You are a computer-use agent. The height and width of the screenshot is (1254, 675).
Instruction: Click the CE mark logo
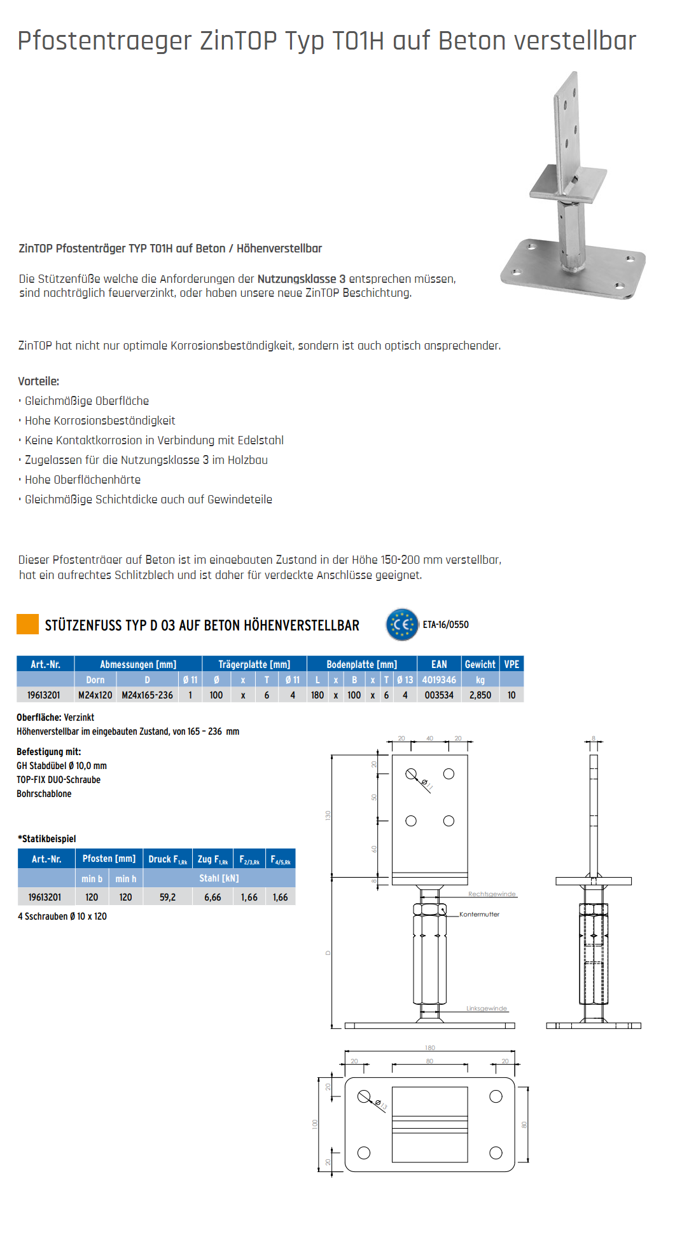(x=402, y=624)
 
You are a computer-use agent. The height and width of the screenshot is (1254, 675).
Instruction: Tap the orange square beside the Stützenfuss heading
(x=27, y=624)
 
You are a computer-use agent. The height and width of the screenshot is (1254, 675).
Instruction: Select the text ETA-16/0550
(x=445, y=625)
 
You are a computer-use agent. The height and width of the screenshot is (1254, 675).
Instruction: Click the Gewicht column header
(x=480, y=664)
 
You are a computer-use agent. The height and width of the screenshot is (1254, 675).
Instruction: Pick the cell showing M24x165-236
(x=147, y=695)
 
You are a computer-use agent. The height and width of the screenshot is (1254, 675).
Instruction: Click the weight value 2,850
(x=480, y=695)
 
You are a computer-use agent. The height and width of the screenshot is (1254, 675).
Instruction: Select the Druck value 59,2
(x=167, y=897)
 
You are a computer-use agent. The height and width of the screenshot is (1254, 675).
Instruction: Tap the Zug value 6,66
(x=212, y=897)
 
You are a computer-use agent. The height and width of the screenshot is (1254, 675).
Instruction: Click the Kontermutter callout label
(x=479, y=915)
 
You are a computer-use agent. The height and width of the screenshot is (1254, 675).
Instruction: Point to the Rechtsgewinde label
(x=492, y=894)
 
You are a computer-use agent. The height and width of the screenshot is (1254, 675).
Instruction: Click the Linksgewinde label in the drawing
(x=487, y=1009)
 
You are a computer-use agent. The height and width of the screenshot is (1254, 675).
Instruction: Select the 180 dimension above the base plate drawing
(x=430, y=1048)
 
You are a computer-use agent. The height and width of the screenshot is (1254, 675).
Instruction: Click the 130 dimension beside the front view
(x=328, y=815)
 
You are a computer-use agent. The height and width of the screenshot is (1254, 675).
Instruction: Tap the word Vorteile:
(x=38, y=381)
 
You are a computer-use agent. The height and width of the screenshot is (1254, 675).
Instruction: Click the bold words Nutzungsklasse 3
(x=301, y=279)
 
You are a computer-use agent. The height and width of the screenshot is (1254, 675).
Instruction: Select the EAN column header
(x=439, y=664)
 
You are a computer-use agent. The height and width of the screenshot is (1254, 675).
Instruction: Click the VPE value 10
(x=511, y=695)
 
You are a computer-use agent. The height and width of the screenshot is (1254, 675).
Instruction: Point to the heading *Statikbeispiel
(x=46, y=839)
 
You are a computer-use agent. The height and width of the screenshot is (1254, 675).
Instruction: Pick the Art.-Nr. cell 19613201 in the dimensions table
(x=43, y=695)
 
